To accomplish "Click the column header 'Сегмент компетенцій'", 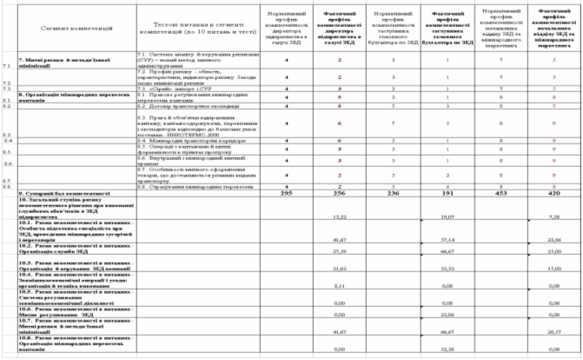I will (70, 27).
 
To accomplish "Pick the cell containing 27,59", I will (317, 252).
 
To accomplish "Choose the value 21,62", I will (317, 270).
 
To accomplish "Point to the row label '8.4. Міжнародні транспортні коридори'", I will (182, 140).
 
